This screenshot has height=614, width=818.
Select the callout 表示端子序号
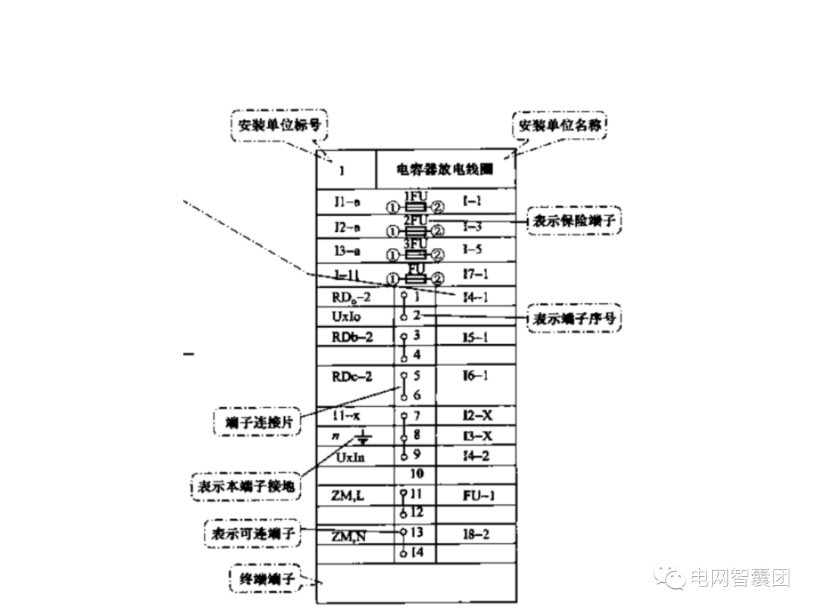click(574, 320)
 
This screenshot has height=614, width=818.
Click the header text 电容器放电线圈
click(445, 170)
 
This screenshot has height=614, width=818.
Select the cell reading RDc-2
click(352, 376)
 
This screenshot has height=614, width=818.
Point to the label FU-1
click(478, 496)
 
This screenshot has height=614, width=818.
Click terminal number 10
click(416, 474)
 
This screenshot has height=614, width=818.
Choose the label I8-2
click(476, 534)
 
